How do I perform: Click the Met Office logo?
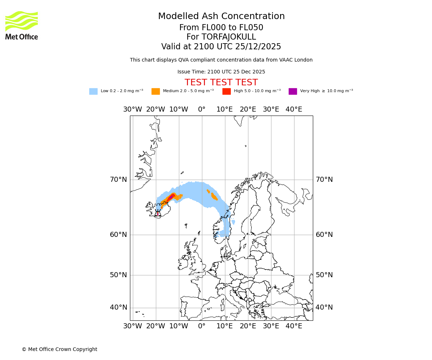pyautogui.click(x=22, y=25)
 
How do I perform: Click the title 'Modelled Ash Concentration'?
pyautogui.click(x=221, y=16)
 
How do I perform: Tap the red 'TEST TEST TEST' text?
pyautogui.click(x=221, y=82)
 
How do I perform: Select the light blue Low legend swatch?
pyautogui.click(x=93, y=91)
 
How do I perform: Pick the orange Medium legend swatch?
pyautogui.click(x=156, y=91)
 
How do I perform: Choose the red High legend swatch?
pyautogui.click(x=226, y=91)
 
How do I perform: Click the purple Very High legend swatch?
pyautogui.click(x=293, y=91)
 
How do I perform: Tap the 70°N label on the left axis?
pyautogui.click(x=118, y=179)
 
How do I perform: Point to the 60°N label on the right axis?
pyautogui.click(x=324, y=234)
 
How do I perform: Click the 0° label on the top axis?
pyautogui.click(x=202, y=109)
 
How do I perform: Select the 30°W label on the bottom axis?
pyautogui.click(x=132, y=326)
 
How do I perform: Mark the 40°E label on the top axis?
pyautogui.click(x=294, y=109)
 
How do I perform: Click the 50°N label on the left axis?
pyautogui.click(x=118, y=275)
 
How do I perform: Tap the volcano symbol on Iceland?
pyautogui.click(x=158, y=213)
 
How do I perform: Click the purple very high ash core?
pyautogui.click(x=171, y=197)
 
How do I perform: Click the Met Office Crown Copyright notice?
pyautogui.click(x=59, y=349)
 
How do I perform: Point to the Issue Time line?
pyautogui.click(x=221, y=72)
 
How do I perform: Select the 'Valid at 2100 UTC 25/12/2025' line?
pyautogui.click(x=221, y=46)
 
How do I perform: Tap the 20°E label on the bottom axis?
pyautogui.click(x=248, y=326)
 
